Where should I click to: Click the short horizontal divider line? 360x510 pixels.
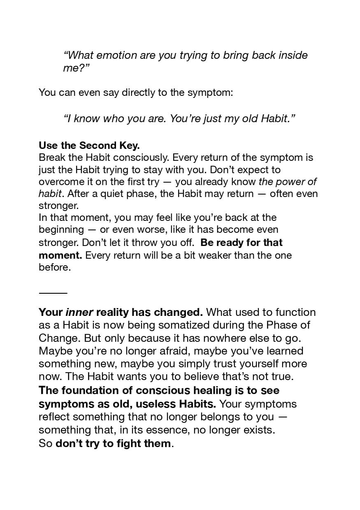53,293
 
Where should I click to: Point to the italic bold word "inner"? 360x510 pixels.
79,312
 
